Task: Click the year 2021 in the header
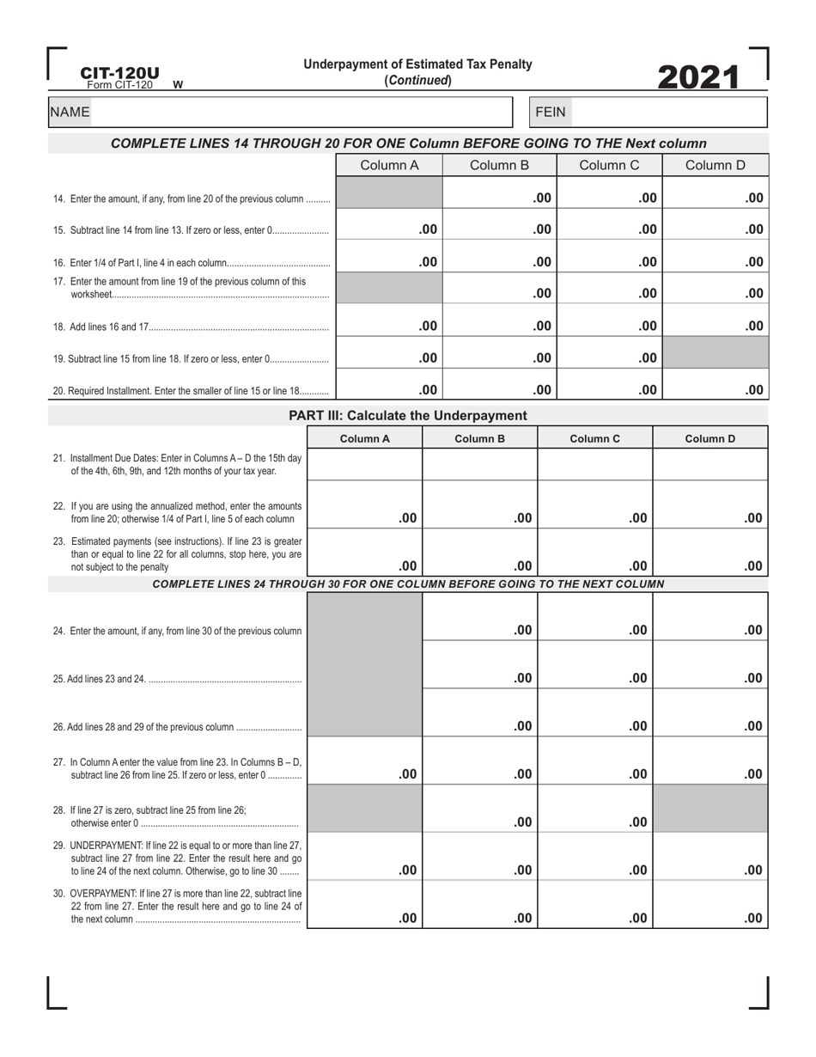point(697,77)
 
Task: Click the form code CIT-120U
point(119,74)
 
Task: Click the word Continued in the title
point(418,80)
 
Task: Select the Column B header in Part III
point(479,438)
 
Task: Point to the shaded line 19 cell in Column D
point(716,352)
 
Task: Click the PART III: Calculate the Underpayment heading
point(407,416)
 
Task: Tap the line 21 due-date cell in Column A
point(364,464)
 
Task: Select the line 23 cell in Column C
point(594,553)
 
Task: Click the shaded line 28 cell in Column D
point(710,809)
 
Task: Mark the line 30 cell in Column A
point(364,905)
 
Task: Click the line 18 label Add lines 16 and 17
point(111,327)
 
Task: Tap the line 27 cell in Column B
point(479,761)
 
